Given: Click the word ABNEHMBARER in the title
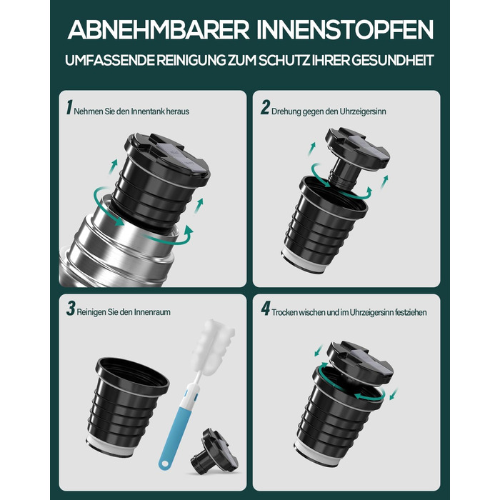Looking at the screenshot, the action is [158, 30].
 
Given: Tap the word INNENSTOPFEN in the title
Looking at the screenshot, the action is [345, 30].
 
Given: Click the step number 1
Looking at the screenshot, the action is [69, 107].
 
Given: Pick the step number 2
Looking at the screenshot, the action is [265, 107].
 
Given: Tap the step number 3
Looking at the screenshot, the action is [71, 309].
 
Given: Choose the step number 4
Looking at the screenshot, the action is [265, 309].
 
